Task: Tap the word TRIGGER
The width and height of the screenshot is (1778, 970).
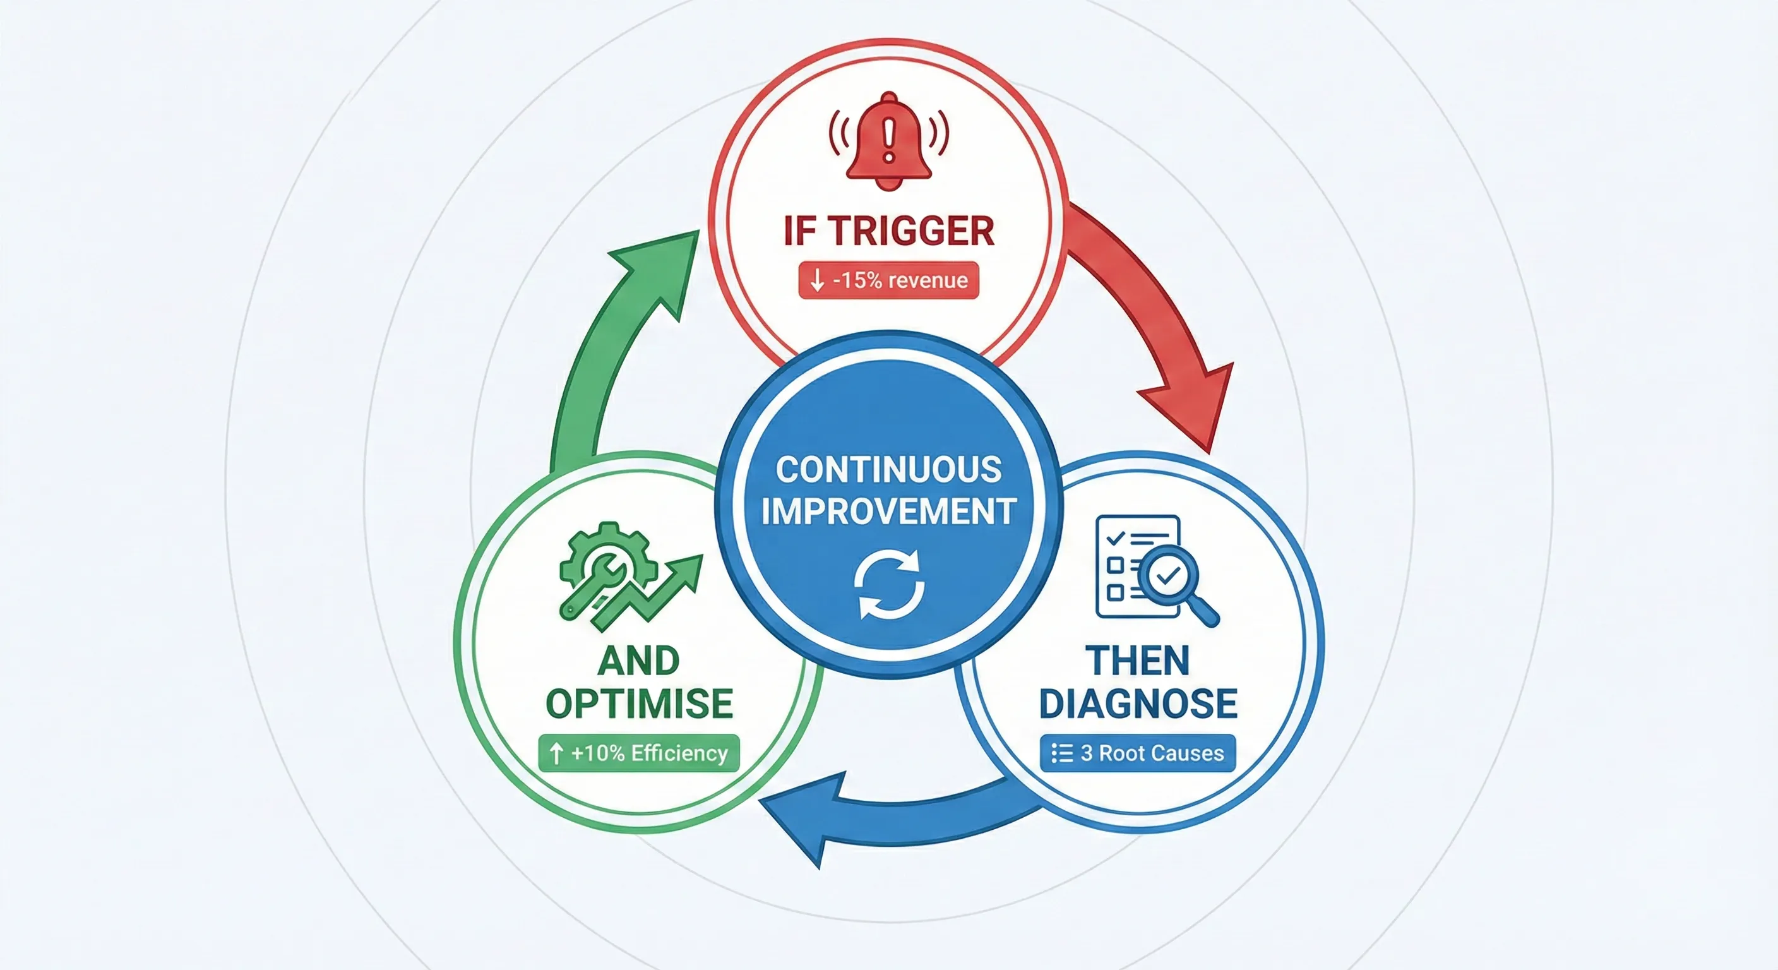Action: click(911, 231)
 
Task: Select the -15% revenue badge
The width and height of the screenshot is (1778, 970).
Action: click(889, 280)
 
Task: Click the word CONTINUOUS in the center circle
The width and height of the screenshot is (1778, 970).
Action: click(889, 469)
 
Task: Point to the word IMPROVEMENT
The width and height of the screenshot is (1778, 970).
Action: click(889, 512)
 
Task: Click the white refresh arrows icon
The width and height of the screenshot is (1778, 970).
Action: click(889, 584)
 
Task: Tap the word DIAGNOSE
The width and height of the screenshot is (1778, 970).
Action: click(1138, 704)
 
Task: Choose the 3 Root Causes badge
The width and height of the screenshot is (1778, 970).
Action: click(1138, 753)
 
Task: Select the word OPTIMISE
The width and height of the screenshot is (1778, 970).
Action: click(640, 704)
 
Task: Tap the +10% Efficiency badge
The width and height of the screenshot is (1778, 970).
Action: click(639, 753)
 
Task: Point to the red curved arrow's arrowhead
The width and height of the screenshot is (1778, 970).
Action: click(1194, 407)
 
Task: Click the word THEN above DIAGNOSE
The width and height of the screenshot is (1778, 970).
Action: click(1138, 661)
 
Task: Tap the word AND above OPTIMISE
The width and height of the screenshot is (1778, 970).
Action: click(639, 661)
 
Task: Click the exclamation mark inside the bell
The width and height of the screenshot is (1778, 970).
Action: click(889, 141)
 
